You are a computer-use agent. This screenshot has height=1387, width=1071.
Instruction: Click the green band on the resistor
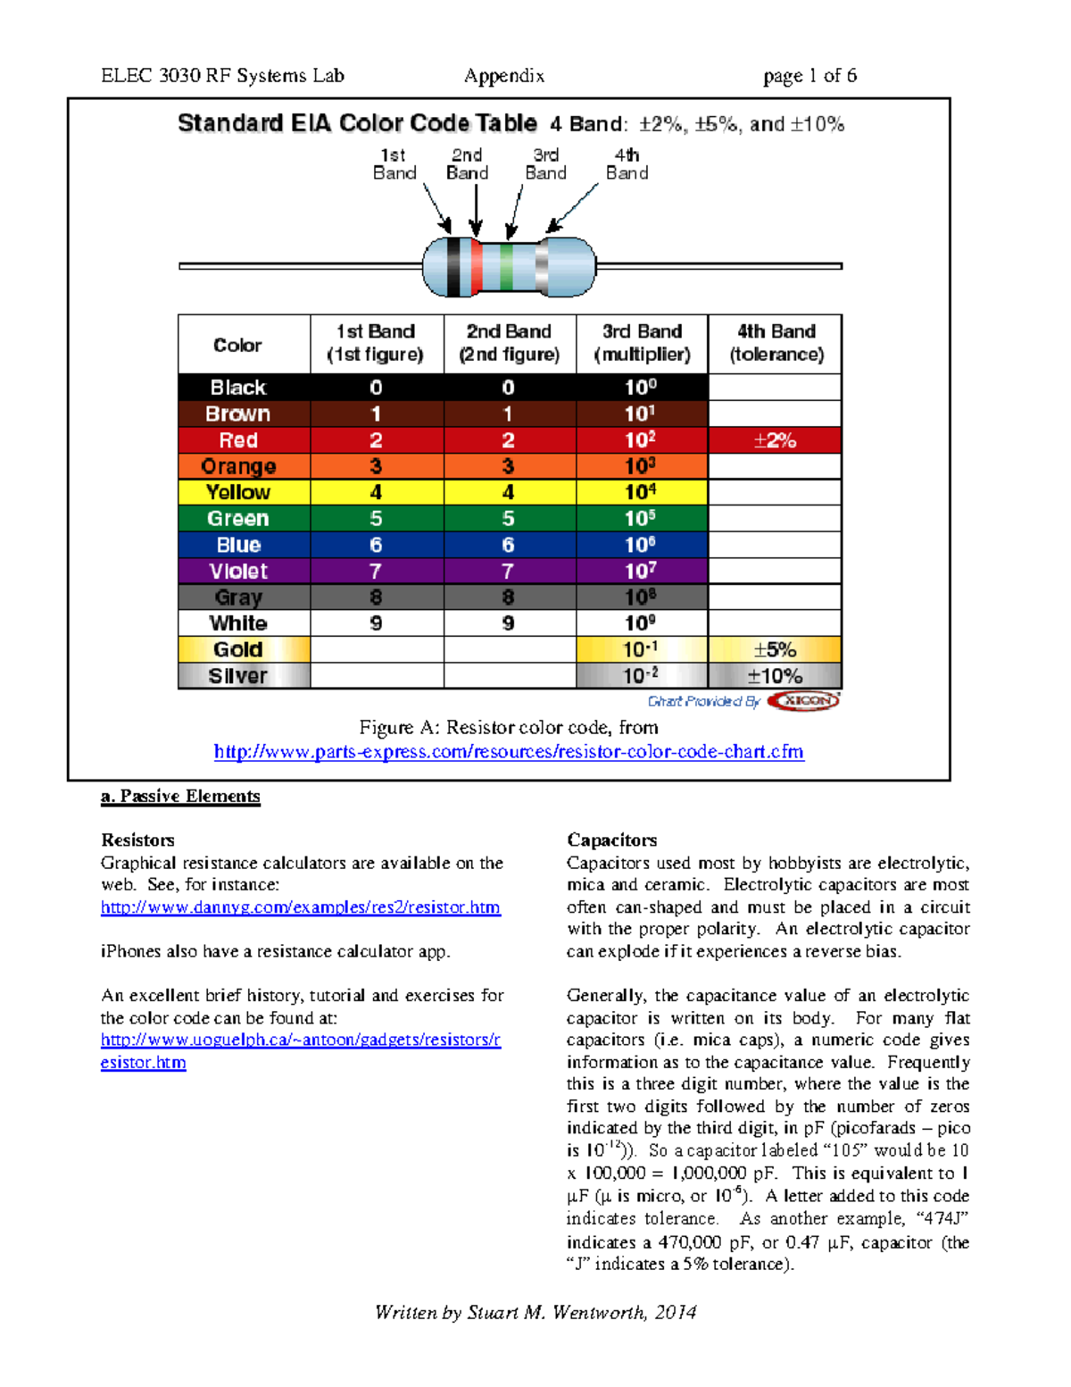pos(506,267)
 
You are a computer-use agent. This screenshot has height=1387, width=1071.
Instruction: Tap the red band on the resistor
pos(477,267)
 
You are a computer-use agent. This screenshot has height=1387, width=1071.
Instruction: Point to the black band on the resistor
pos(453,267)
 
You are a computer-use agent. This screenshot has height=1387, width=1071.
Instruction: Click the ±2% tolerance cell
pos(775,440)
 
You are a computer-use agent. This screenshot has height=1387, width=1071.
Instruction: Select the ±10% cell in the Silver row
pos(775,676)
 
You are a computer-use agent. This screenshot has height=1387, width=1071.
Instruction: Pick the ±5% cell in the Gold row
pos(775,649)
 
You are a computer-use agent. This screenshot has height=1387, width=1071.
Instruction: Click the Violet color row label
pos(238,571)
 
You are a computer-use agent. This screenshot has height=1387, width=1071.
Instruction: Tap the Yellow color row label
pos(238,492)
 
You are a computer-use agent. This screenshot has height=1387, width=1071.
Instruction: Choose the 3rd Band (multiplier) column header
pos(642,343)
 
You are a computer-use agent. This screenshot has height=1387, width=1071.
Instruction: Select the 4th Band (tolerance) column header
pos(776,343)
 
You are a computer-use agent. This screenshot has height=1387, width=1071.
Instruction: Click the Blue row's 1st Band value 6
pos(376,545)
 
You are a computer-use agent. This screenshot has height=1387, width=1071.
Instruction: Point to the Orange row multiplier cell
pos(641,466)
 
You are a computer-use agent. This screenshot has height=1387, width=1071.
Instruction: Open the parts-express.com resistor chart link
pos(509,752)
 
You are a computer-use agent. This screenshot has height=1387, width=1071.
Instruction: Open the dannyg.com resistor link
pos(300,907)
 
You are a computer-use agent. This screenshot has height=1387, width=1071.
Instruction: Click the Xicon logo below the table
pos(804,701)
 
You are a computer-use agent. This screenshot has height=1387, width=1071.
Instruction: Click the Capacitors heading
pos(611,840)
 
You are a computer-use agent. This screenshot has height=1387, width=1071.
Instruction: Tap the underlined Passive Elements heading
pos(181,796)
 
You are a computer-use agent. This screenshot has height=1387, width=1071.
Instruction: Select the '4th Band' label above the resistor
pos(627,164)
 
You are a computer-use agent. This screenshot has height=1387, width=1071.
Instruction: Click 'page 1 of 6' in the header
pos(809,76)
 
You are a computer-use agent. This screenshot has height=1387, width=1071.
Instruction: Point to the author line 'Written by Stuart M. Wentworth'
pos(535,1312)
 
